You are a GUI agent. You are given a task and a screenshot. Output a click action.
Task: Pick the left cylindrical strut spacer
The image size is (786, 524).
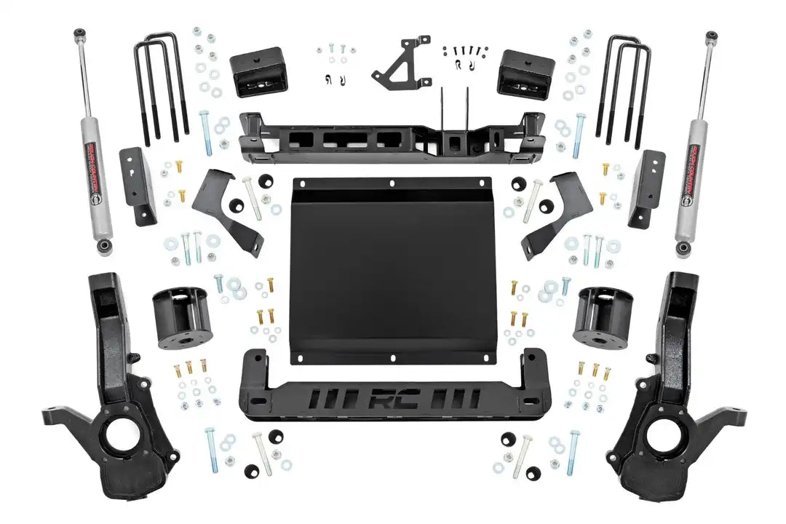[182, 319]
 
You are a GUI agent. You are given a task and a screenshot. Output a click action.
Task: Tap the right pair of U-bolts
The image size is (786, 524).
[623, 87]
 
